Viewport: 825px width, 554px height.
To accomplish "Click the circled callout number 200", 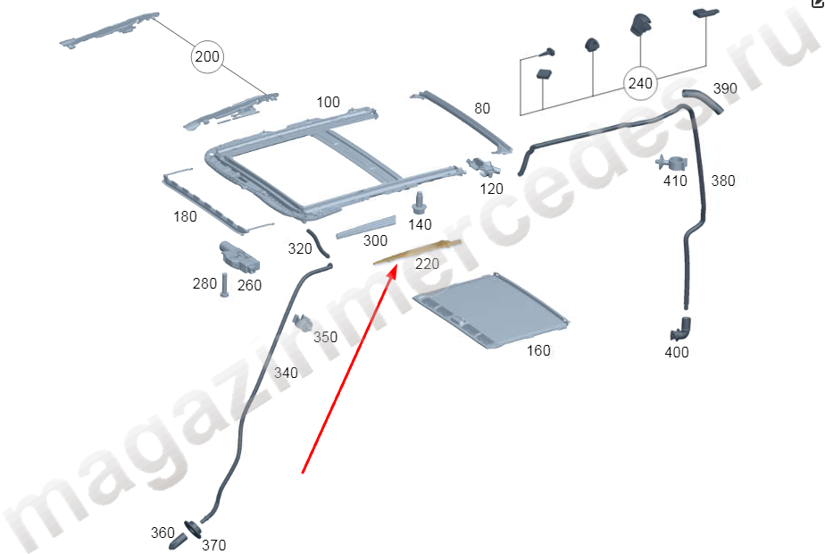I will pos(206,57).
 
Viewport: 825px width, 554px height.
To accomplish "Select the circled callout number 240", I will pos(640,84).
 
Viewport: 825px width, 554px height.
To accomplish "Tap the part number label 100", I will pos(328,103).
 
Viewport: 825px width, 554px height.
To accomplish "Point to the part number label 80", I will pos(482,109).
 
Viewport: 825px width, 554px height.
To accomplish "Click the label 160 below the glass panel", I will pos(538,350).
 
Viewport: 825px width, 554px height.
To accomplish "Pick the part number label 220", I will pos(428,264).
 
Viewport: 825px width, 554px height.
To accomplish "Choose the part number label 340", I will pos(286,373).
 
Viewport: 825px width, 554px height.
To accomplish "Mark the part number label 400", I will pos(677,352).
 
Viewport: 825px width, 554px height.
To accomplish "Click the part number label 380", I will pos(723,180).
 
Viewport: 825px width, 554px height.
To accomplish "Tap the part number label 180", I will pos(185,216).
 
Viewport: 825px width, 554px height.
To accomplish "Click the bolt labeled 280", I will pos(223,286).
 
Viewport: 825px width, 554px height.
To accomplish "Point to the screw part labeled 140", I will pos(419,202).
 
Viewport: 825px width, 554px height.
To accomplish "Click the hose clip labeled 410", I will pos(671,163).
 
